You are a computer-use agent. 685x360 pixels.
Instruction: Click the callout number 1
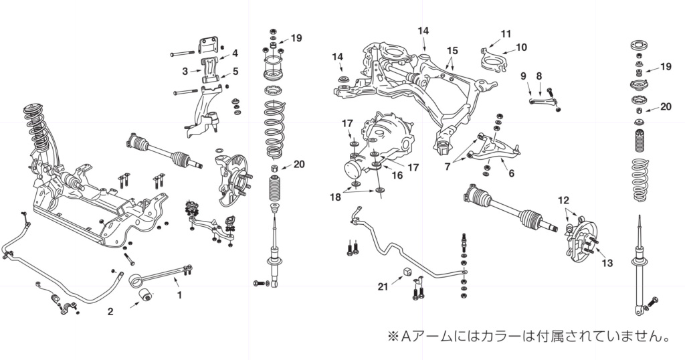coord(179,293)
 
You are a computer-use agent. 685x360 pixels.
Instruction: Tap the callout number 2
coord(110,312)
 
